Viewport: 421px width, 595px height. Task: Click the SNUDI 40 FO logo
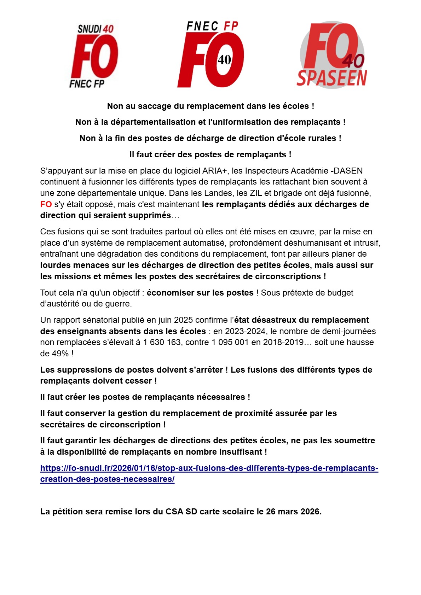tap(94, 56)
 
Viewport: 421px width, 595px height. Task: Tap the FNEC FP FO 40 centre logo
tap(211, 55)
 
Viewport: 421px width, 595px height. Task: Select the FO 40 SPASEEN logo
tap(332, 55)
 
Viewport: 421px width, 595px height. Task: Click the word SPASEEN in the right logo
tap(332, 78)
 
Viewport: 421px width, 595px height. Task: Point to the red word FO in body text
tap(46, 204)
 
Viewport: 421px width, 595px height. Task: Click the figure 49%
tap(60, 354)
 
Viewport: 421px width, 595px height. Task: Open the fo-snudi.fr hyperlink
tap(209, 468)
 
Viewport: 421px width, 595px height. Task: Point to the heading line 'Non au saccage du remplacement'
tap(210, 106)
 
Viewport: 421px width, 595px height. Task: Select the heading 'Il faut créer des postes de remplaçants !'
tap(210, 154)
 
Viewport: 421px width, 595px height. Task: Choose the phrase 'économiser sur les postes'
tap(200, 293)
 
